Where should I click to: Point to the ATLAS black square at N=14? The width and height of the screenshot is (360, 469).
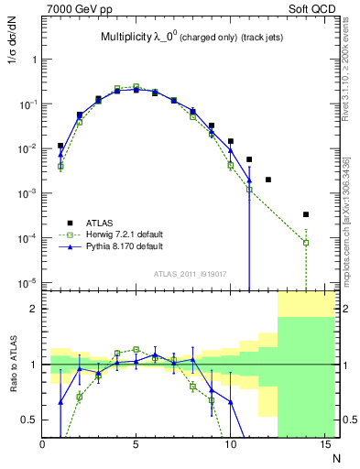click(x=306, y=214)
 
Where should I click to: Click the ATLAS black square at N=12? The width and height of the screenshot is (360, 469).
click(x=268, y=180)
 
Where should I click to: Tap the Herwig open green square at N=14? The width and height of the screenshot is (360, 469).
click(x=306, y=243)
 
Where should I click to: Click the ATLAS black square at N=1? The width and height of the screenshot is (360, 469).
click(x=60, y=146)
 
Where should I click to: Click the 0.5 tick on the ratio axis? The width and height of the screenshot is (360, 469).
click(x=31, y=420)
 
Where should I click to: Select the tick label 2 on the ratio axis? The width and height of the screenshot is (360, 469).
click(x=34, y=309)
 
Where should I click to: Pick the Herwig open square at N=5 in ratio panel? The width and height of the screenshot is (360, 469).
click(x=136, y=349)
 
